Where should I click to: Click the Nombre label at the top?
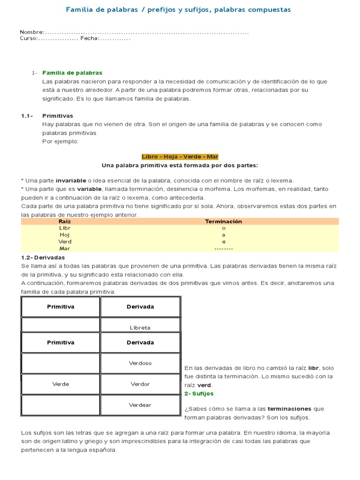click(31, 32)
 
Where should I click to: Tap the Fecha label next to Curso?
click(89, 38)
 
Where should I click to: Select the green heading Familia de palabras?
click(72, 73)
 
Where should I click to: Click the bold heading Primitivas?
click(58, 116)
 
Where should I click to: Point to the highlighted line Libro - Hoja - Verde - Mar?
click(180, 157)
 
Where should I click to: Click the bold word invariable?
click(71, 180)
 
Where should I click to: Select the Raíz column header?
click(65, 221)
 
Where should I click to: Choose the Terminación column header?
click(224, 221)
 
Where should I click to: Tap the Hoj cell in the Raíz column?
click(65, 235)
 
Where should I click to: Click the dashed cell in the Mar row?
click(224, 248)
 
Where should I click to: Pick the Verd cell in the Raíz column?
click(65, 242)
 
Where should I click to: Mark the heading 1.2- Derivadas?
click(43, 257)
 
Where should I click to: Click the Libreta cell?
click(140, 328)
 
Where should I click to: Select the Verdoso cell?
click(140, 363)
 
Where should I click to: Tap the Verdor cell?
click(140, 384)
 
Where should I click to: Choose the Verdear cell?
click(140, 405)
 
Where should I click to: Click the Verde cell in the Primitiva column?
click(60, 384)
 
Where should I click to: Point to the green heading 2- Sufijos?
click(199, 394)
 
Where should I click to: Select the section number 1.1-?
click(27, 116)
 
